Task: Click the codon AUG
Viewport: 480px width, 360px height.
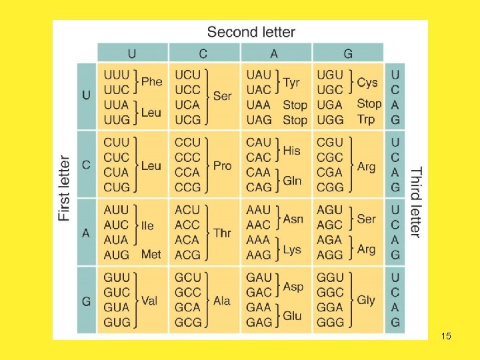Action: pyautogui.click(x=116, y=255)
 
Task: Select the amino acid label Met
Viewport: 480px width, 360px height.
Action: pyautogui.click(x=151, y=254)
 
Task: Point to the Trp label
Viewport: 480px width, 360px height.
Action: pyautogui.click(x=366, y=119)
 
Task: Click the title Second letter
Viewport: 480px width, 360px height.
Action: pyautogui.click(x=251, y=32)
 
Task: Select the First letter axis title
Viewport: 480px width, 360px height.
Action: pyautogui.click(x=64, y=188)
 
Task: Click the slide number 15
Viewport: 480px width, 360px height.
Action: pyautogui.click(x=446, y=336)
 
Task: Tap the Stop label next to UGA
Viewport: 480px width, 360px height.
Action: pyautogui.click(x=369, y=103)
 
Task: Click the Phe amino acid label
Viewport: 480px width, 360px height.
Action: pyautogui.click(x=151, y=82)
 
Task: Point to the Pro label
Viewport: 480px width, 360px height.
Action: pyautogui.click(x=223, y=165)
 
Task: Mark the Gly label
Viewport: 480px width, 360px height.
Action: pyautogui.click(x=366, y=300)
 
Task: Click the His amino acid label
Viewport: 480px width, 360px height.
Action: pyautogui.click(x=292, y=150)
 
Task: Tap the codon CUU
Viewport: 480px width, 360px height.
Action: pyautogui.click(x=116, y=142)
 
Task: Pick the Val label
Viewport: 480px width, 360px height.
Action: pyautogui.click(x=149, y=300)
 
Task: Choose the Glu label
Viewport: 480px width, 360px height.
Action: pyautogui.click(x=293, y=315)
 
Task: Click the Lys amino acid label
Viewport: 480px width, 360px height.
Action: pyautogui.click(x=292, y=249)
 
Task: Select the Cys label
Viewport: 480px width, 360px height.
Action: pyautogui.click(x=367, y=82)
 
